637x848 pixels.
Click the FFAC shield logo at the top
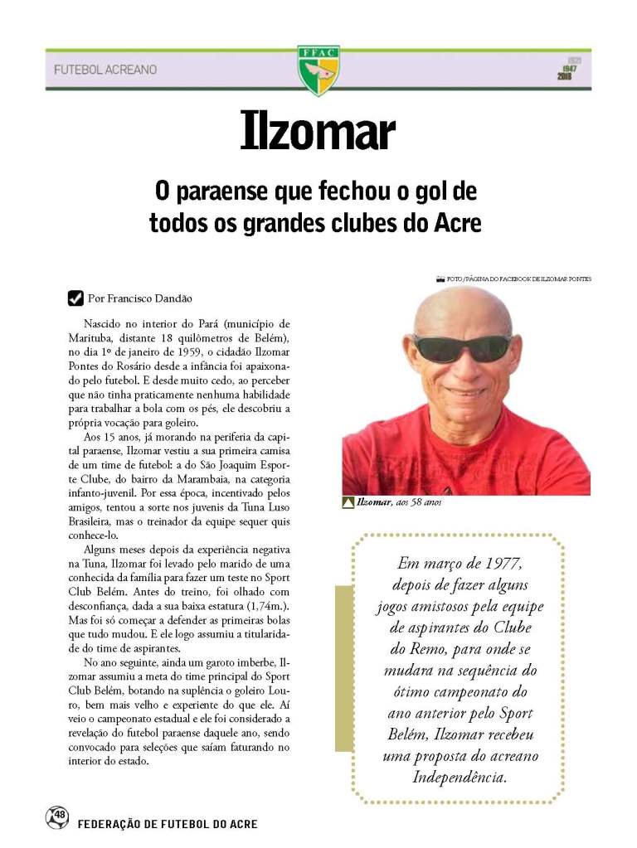[318, 70]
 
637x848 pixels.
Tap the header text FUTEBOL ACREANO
[105, 70]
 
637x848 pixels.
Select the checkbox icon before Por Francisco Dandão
[75, 298]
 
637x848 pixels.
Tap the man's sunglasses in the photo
[463, 347]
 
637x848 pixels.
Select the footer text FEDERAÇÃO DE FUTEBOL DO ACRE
[168, 824]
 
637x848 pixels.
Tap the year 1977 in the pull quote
[500, 565]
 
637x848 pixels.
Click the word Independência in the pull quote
[460, 777]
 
